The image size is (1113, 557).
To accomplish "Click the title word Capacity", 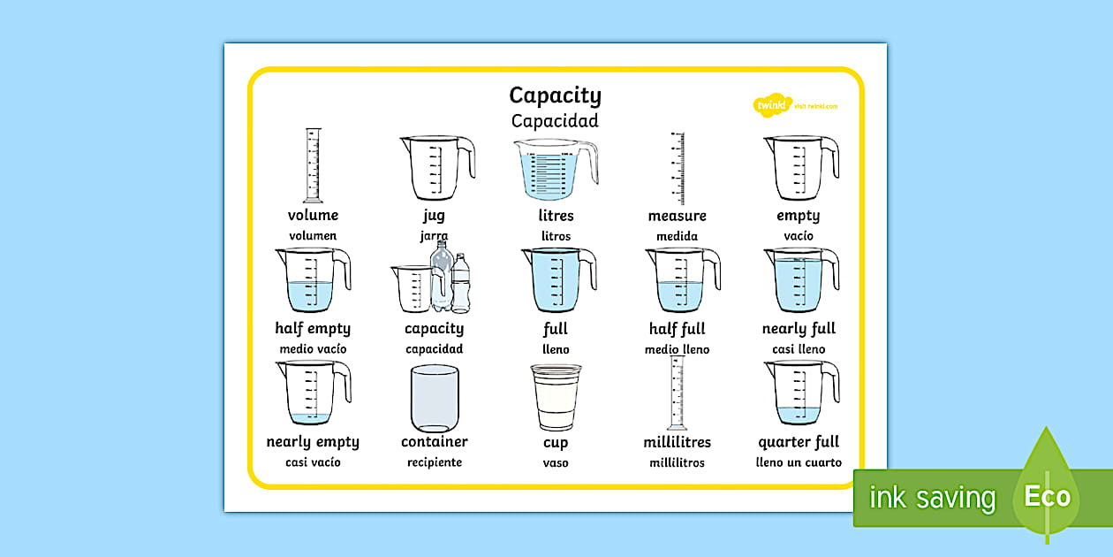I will [x=555, y=95].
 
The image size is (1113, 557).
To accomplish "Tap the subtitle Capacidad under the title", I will [x=555, y=121].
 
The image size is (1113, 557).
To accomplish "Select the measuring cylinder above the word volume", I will [x=313, y=166].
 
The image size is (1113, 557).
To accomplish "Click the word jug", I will [x=434, y=216].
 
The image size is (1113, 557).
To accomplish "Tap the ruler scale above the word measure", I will [x=678, y=168].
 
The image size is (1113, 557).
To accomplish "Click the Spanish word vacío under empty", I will [x=799, y=236].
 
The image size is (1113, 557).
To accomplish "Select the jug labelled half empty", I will [x=310, y=280].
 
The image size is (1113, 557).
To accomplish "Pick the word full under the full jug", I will [x=556, y=329].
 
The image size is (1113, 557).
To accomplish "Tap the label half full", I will [x=677, y=329].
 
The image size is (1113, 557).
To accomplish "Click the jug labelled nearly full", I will [x=798, y=280].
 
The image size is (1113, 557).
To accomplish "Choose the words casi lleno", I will [x=799, y=349].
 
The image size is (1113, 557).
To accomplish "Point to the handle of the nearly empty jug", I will [x=342, y=383].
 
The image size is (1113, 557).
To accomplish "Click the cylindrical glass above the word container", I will [x=435, y=398].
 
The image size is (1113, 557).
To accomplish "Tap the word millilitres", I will [x=677, y=442].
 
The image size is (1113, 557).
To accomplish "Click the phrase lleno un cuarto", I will [x=799, y=462].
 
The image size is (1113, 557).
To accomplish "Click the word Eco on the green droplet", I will [x=1048, y=496].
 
